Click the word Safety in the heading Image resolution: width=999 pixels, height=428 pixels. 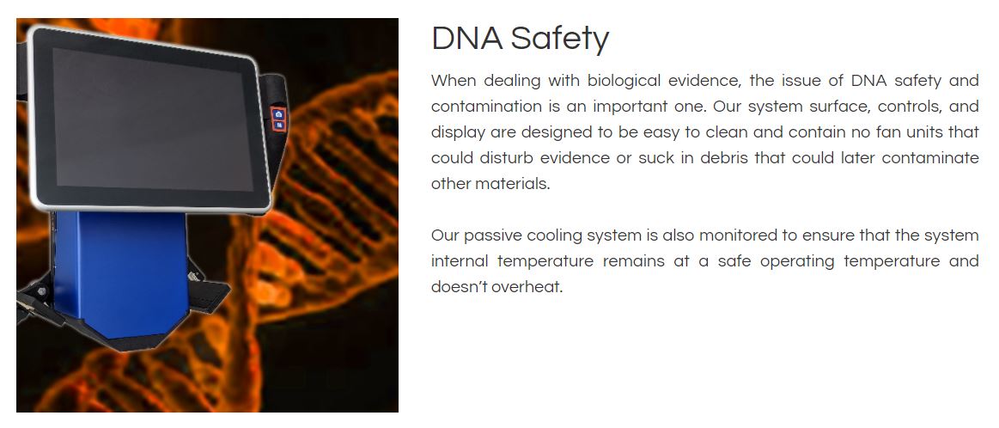click(x=560, y=39)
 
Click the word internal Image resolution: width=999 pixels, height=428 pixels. click(x=460, y=261)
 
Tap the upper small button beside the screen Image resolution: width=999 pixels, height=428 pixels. click(x=278, y=113)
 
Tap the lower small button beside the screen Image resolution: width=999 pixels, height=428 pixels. click(x=278, y=125)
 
